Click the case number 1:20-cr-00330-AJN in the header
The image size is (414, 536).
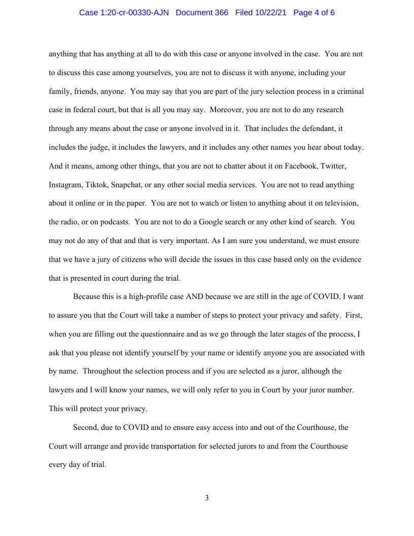point(125,13)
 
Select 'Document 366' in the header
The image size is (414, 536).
point(202,13)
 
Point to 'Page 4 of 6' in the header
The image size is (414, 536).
point(314,13)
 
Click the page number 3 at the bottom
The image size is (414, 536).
point(206,498)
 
